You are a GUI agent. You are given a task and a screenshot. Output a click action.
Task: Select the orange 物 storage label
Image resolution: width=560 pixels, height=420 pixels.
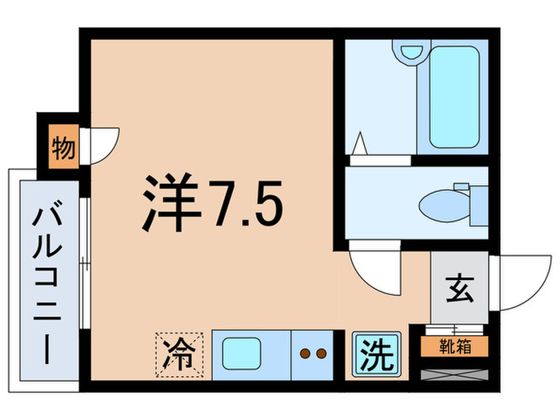point(62,149)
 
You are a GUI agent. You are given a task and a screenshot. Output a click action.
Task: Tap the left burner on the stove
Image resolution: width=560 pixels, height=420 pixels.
point(305,352)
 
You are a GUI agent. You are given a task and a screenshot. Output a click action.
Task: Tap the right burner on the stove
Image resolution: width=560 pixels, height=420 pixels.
point(320,352)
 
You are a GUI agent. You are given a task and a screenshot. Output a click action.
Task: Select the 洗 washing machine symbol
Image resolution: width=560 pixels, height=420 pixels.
point(375,353)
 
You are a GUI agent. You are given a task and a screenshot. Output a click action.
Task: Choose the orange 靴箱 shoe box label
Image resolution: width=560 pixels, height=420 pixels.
point(454,346)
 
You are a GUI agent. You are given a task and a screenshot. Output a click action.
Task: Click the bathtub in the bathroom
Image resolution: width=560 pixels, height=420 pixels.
point(454,97)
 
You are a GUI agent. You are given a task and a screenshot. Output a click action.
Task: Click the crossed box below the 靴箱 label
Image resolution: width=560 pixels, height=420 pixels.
point(454,372)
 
